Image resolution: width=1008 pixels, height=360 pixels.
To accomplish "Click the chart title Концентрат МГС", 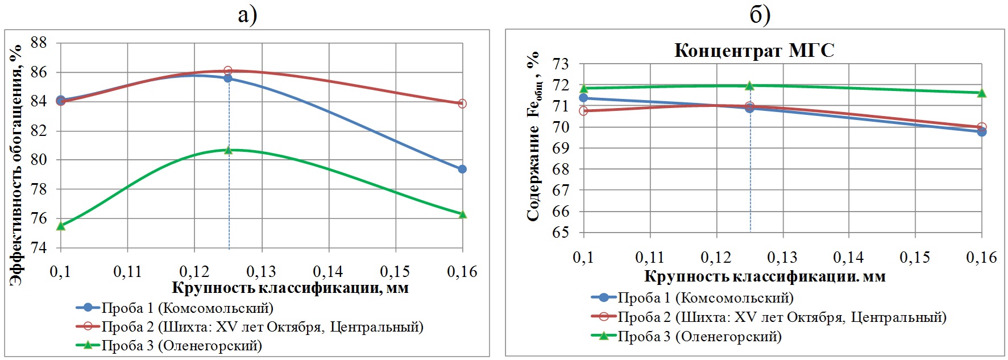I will (754, 51).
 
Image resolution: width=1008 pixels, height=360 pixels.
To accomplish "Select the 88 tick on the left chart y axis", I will (39, 43).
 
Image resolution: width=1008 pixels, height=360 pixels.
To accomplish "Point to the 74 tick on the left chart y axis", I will (39, 247).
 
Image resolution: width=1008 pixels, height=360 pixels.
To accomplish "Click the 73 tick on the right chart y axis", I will (561, 64).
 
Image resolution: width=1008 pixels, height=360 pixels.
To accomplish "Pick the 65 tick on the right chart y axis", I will (561, 232).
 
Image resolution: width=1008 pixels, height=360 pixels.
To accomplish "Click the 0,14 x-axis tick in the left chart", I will (328, 272).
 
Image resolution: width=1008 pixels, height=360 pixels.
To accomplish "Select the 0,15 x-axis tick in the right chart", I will (915, 258).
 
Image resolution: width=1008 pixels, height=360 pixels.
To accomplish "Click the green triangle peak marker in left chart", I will (229, 150).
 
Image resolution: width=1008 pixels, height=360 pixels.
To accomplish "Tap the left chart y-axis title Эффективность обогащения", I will (17, 165).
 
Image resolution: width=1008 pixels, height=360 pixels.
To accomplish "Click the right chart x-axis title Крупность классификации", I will (765, 277).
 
